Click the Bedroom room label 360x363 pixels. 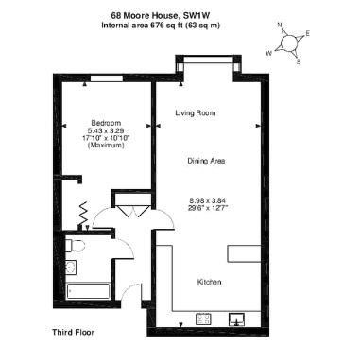pyautogui.click(x=106, y=123)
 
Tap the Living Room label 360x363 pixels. pyautogui.click(x=196, y=112)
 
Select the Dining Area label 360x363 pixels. pyautogui.click(x=206, y=161)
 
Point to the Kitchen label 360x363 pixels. pyautogui.click(x=209, y=282)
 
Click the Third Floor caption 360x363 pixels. pyautogui.click(x=74, y=332)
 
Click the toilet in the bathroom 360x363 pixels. pyautogui.click(x=75, y=246)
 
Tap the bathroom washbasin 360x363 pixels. pyautogui.click(x=71, y=268)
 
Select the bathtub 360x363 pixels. pyautogui.click(x=88, y=291)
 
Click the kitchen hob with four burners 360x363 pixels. pyautogui.click(x=204, y=320)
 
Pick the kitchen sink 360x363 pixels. pyautogui.click(x=237, y=320)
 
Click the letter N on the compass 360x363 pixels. pyautogui.click(x=280, y=25)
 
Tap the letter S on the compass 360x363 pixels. pyautogui.click(x=299, y=62)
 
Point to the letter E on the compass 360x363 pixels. pyautogui.click(x=308, y=33)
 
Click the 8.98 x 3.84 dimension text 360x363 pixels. pyautogui.click(x=208, y=200)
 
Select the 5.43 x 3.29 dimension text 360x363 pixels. pyautogui.click(x=106, y=130)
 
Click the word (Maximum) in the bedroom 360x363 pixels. pyautogui.click(x=106, y=146)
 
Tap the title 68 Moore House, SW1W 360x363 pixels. pyautogui.click(x=161, y=15)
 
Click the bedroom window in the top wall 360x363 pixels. pyautogui.click(x=107, y=78)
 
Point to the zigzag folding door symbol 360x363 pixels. pyautogui.click(x=84, y=214)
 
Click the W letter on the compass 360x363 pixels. pyautogui.click(x=268, y=54)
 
